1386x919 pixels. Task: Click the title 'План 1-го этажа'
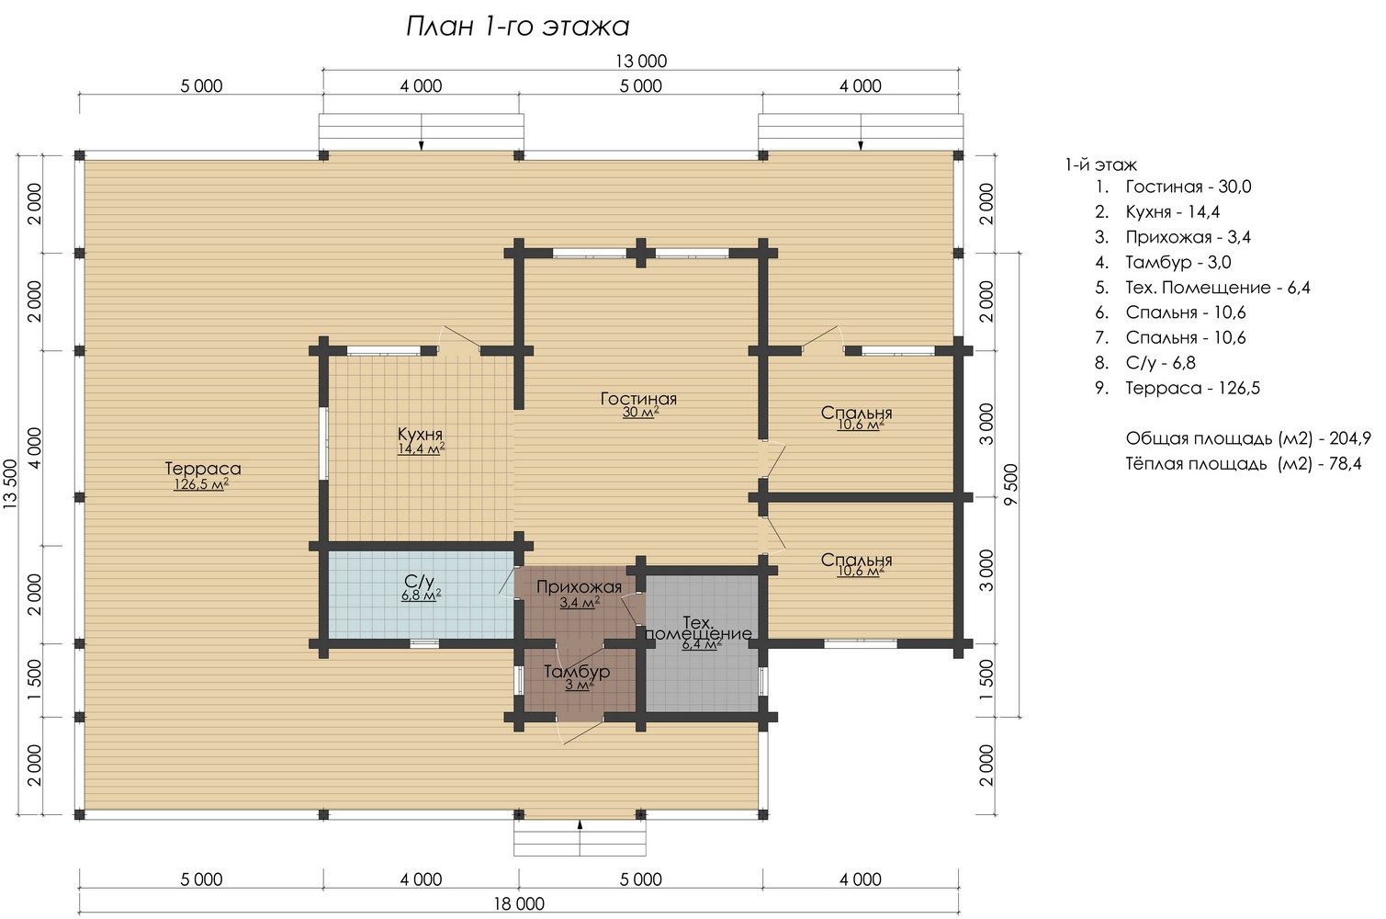pyautogui.click(x=517, y=27)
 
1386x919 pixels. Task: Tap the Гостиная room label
pyautogui.click(x=638, y=398)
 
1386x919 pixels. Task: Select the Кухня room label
pyautogui.click(x=420, y=433)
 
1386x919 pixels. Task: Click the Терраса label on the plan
pyautogui.click(x=203, y=468)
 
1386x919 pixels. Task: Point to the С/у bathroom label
pyautogui.click(x=420, y=581)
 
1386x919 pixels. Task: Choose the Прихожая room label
pyautogui.click(x=579, y=586)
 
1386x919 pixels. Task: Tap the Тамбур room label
pyautogui.click(x=577, y=671)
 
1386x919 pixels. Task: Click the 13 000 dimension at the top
pyautogui.click(x=641, y=62)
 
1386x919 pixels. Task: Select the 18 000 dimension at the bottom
pyautogui.click(x=519, y=904)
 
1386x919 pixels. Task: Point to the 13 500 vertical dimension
pyautogui.click(x=10, y=484)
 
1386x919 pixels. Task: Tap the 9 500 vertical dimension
pyautogui.click(x=1010, y=485)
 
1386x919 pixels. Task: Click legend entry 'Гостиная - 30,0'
pyautogui.click(x=1188, y=187)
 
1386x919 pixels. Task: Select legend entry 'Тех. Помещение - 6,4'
pyautogui.click(x=1218, y=288)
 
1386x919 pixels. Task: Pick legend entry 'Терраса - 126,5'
pyautogui.click(x=1192, y=389)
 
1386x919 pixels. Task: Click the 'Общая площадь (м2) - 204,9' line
pyautogui.click(x=1248, y=438)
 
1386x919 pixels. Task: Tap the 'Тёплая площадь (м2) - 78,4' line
pyautogui.click(x=1243, y=463)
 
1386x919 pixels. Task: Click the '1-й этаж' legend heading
pyautogui.click(x=1100, y=165)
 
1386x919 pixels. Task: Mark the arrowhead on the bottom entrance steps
pyautogui.click(x=580, y=824)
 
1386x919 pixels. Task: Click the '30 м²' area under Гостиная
pyautogui.click(x=640, y=413)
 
